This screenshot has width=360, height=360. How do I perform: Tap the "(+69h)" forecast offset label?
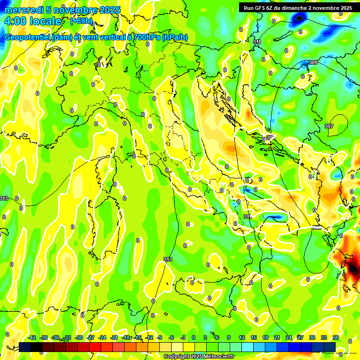point(81,21)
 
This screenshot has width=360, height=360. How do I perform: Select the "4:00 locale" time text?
point(32,21)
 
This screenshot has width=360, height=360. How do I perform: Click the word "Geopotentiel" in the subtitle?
point(28,37)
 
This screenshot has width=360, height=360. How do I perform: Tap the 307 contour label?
point(329,126)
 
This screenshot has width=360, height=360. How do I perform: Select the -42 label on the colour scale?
point(32,337)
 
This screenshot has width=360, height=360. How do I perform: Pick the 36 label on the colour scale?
point(336,337)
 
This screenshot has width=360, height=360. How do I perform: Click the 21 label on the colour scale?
point(277,337)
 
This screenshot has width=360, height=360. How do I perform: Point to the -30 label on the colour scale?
point(79,337)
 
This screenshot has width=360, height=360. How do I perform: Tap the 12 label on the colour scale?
point(242,337)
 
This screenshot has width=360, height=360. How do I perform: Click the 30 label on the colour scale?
point(312,337)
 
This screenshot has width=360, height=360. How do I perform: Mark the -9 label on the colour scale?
point(159,337)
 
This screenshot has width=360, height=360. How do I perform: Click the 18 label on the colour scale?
point(265,337)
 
